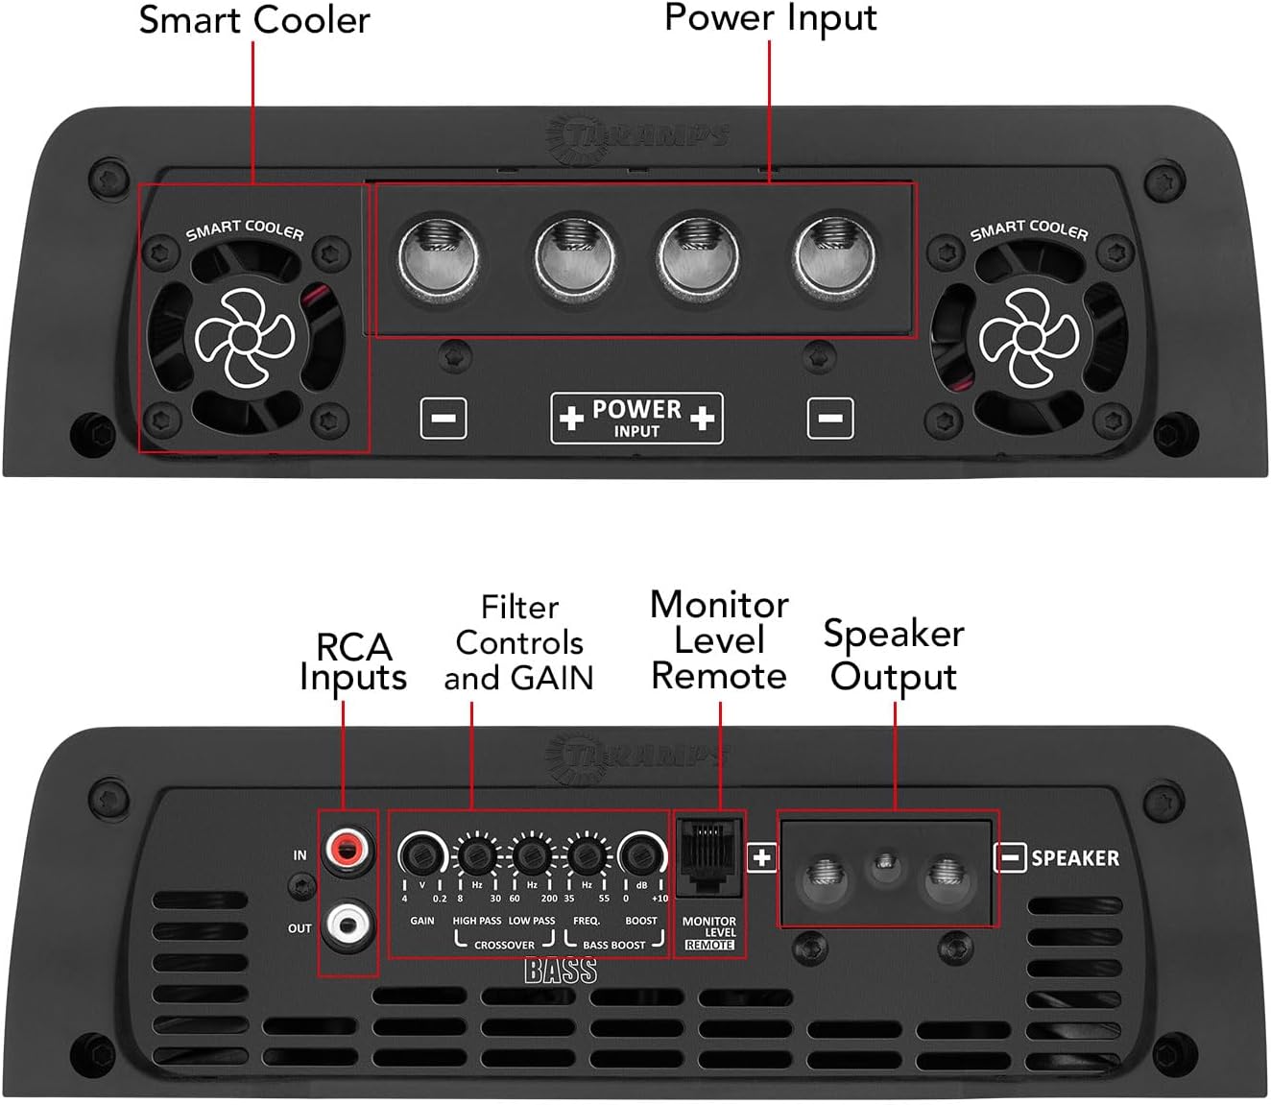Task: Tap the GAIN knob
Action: [x=420, y=853]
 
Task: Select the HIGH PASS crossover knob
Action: [x=476, y=853]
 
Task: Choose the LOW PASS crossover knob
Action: [x=531, y=853]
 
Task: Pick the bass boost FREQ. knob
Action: [x=586, y=853]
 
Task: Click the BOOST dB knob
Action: [x=641, y=853]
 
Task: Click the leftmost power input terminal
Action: [x=438, y=256]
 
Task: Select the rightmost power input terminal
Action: [x=831, y=256]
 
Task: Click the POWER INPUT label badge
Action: [x=636, y=419]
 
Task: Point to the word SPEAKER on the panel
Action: [x=1075, y=857]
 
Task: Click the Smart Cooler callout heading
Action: [x=254, y=20]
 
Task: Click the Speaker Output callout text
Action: [x=894, y=655]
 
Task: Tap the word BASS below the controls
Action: [x=561, y=972]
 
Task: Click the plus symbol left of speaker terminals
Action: [x=762, y=857]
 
